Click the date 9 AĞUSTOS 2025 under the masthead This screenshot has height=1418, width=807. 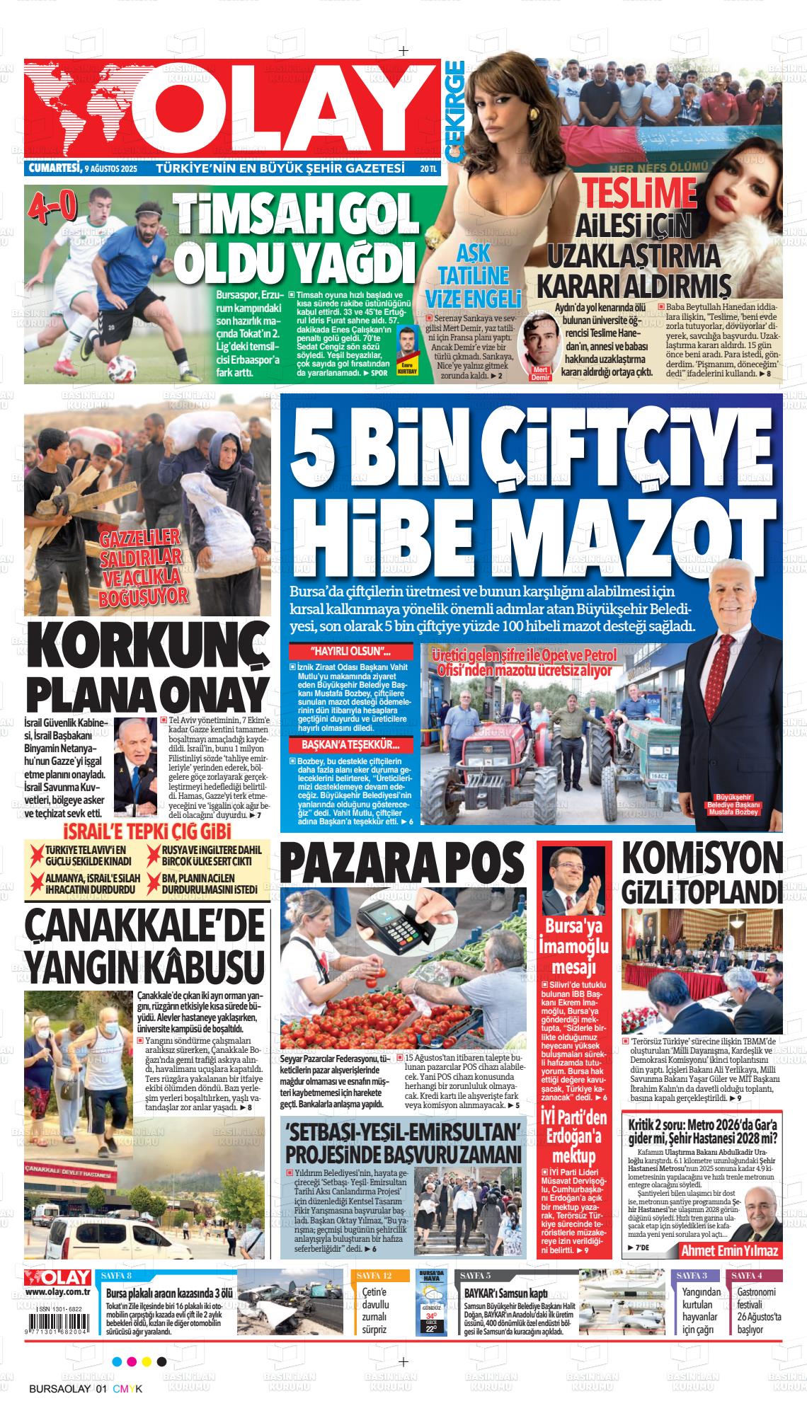tap(110, 169)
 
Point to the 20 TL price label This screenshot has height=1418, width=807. tap(428, 169)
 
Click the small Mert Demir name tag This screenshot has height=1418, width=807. tap(540, 374)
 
